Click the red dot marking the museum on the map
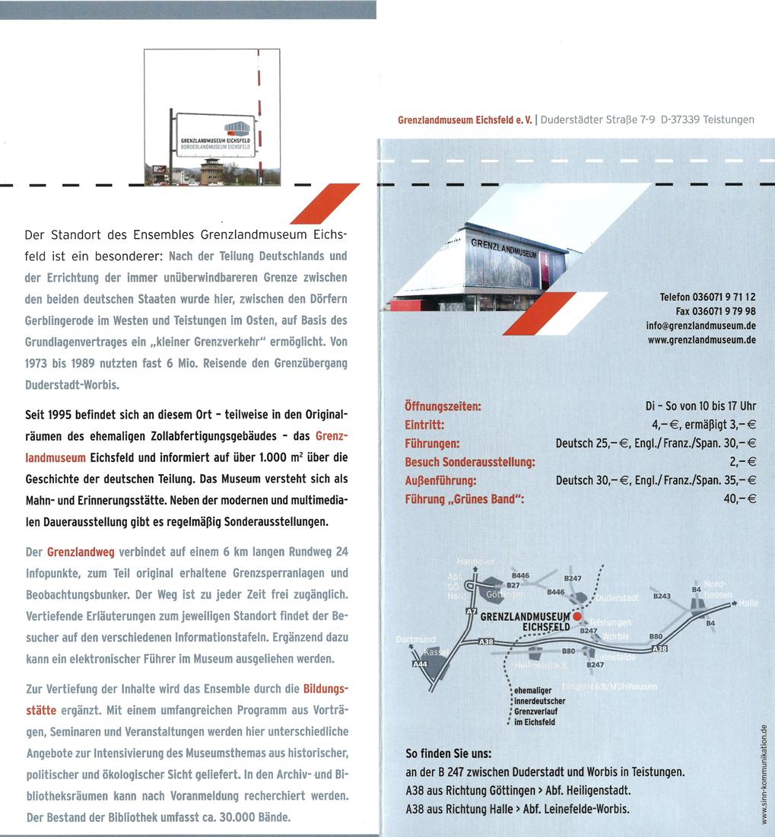tap(576, 616)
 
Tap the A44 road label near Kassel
tap(419, 664)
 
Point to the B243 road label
tap(662, 596)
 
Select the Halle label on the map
tap(748, 603)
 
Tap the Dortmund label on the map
tap(415, 638)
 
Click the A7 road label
tap(471, 611)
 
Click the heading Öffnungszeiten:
tap(444, 407)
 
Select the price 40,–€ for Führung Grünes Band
tap(740, 499)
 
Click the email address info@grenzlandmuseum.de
tap(700, 326)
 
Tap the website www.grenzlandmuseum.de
tap(700, 339)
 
